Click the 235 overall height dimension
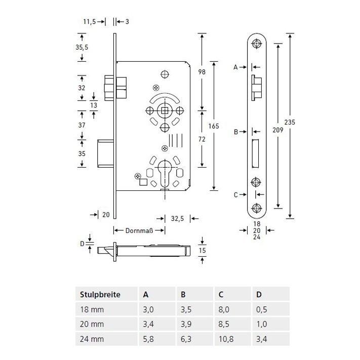[290, 122]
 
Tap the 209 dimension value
[278, 130]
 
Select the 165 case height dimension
[214, 126]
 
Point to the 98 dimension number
[202, 72]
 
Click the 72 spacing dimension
[202, 139]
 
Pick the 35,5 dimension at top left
[82, 47]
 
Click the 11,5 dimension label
[89, 22]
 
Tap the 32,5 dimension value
[177, 218]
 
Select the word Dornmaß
[139, 230]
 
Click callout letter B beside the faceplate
[236, 132]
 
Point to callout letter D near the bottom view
[82, 244]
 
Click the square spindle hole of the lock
[165, 111]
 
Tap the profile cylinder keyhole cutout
[165, 173]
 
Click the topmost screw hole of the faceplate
[257, 44]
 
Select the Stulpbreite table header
[100, 295]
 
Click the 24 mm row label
[92, 339]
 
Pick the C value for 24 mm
[226, 339]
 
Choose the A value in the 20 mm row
[148, 324]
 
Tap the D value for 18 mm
[261, 309]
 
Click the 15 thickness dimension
[202, 250]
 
